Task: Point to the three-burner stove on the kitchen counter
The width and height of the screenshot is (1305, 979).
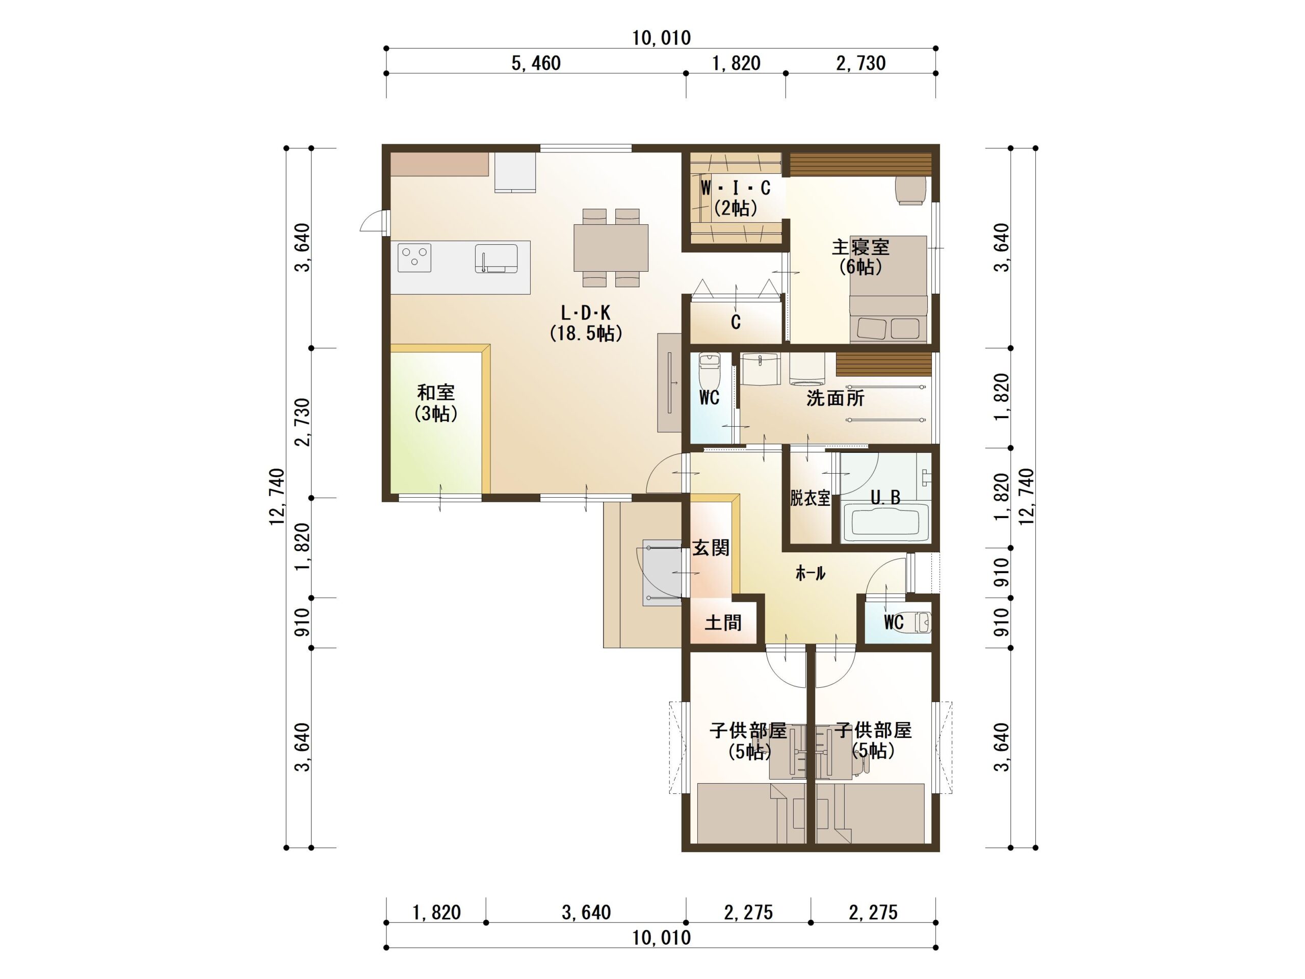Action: pos(414,258)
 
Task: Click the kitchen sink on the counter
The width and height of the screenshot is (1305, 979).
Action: pos(496,259)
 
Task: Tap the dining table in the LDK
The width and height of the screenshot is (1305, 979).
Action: pos(611,248)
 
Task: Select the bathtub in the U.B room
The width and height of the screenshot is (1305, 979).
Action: pos(881,522)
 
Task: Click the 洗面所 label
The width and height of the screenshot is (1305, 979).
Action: pos(835,398)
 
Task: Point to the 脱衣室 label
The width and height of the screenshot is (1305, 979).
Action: pos(810,499)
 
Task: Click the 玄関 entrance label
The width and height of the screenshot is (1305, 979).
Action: pos(711,548)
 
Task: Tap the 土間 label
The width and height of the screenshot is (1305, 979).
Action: pos(723,623)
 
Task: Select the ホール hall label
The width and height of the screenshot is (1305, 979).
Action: pos(810,573)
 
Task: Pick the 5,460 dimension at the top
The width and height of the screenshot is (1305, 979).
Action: pos(536,63)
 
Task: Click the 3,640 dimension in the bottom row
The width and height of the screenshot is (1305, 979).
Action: pos(586,912)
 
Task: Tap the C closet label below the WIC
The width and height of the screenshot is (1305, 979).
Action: pos(735,322)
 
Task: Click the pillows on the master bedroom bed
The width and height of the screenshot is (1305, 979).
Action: pos(888,328)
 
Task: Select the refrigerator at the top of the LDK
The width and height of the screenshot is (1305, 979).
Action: pos(515,172)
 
